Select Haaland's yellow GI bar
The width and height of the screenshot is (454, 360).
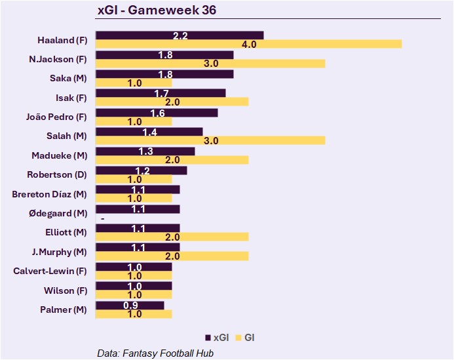(x=248, y=44)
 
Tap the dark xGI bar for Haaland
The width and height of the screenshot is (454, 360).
(x=180, y=35)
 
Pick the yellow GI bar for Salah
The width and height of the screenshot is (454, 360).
(x=210, y=140)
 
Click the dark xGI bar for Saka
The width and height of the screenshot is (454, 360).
(x=164, y=74)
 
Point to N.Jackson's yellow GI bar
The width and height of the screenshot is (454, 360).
(x=210, y=64)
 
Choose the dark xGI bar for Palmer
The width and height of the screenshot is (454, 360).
(x=130, y=306)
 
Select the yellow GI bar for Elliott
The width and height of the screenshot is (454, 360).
(x=172, y=237)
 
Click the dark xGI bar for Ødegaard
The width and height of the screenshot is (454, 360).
(x=138, y=209)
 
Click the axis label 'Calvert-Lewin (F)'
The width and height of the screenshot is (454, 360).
(x=50, y=271)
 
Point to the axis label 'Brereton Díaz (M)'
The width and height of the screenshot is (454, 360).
(x=49, y=194)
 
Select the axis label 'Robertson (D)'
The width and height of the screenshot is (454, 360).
(x=57, y=174)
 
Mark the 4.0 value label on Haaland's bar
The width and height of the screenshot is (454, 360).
(x=248, y=45)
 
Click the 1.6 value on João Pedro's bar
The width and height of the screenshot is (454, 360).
(x=157, y=113)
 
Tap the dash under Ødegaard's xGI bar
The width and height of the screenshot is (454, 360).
(x=102, y=218)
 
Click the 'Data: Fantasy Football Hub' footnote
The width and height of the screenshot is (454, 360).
(x=155, y=353)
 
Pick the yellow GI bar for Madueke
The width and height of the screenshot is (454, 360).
(x=172, y=160)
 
